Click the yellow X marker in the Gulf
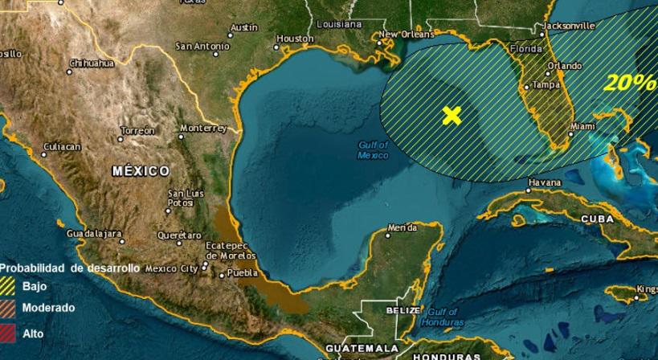[x=452, y=115]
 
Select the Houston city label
[x=294, y=38]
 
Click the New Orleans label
[x=401, y=35]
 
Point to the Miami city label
[x=582, y=126]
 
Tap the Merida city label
[x=402, y=228]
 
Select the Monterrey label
[x=203, y=128]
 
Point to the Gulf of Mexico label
[x=373, y=149]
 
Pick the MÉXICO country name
[x=141, y=171]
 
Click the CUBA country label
[x=597, y=219]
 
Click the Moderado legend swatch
[x=8, y=308]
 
